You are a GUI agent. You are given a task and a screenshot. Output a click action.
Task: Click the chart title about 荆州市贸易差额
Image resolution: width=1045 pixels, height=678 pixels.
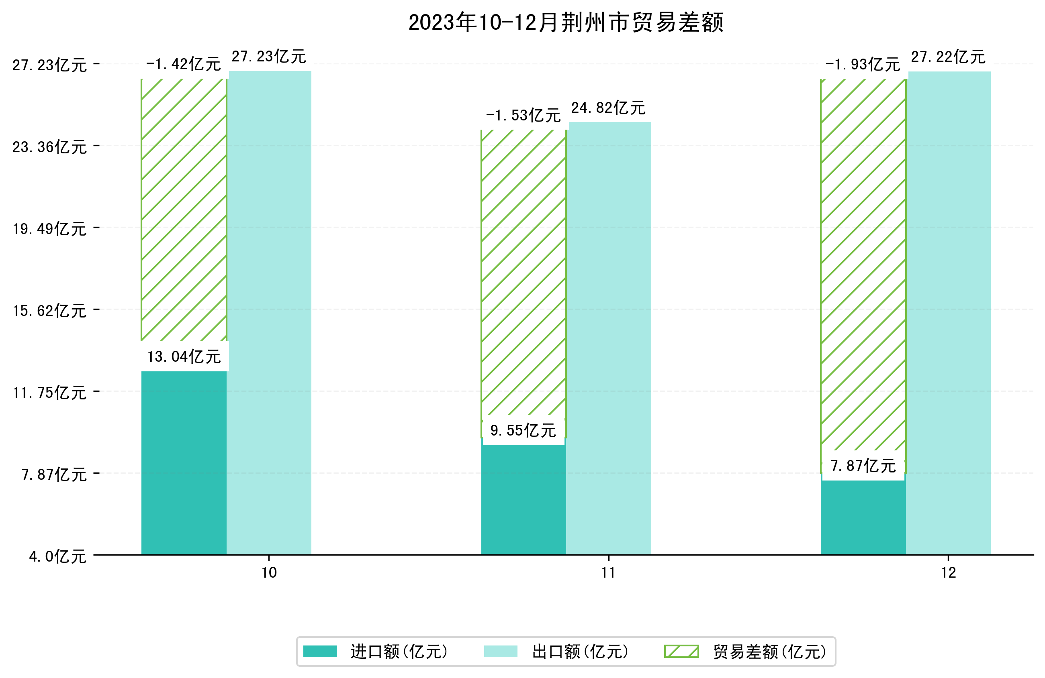pyautogui.click(x=566, y=23)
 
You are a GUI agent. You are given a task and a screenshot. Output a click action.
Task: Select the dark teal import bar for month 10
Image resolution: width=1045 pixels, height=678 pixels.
pyautogui.click(x=184, y=463)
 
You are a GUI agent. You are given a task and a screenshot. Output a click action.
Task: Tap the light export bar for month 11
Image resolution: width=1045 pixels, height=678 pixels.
pyautogui.click(x=610, y=338)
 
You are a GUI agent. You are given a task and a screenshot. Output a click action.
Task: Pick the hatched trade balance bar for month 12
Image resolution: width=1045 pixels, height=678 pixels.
pyautogui.click(x=863, y=263)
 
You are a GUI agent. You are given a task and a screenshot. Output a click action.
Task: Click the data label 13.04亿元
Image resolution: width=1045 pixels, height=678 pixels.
pyautogui.click(x=184, y=357)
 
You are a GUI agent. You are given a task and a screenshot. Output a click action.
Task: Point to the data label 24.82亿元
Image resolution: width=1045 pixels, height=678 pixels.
pyautogui.click(x=608, y=108)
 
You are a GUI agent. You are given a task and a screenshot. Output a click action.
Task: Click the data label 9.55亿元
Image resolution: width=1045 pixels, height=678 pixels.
pyautogui.click(x=523, y=430)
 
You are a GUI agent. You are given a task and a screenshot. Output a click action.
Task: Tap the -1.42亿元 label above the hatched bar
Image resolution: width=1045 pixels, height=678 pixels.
pyautogui.click(x=183, y=65)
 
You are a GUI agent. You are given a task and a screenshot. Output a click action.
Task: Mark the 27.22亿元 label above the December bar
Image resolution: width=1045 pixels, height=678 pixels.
pyautogui.click(x=948, y=57)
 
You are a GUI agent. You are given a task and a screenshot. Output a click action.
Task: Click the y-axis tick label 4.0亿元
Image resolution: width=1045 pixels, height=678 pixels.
pyautogui.click(x=57, y=557)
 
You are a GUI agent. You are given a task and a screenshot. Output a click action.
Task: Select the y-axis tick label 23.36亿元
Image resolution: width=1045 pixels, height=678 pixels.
pyautogui.click(x=49, y=147)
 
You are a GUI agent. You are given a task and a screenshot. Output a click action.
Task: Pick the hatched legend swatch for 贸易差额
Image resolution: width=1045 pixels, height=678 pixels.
pyautogui.click(x=681, y=651)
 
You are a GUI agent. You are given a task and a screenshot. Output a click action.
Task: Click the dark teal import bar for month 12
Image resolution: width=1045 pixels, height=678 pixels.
pyautogui.click(x=863, y=518)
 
